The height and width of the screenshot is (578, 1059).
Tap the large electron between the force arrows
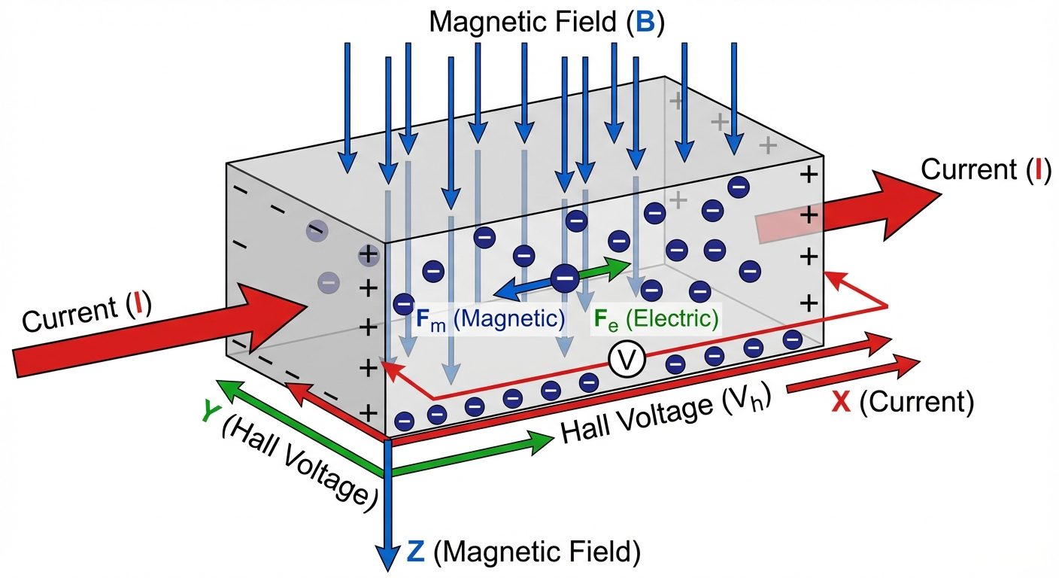click(565, 278)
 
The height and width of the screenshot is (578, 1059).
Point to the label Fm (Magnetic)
click(490, 318)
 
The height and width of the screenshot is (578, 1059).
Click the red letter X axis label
click(842, 404)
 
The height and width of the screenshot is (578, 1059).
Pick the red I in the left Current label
click(138, 307)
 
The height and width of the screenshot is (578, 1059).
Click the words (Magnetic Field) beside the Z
click(538, 553)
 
